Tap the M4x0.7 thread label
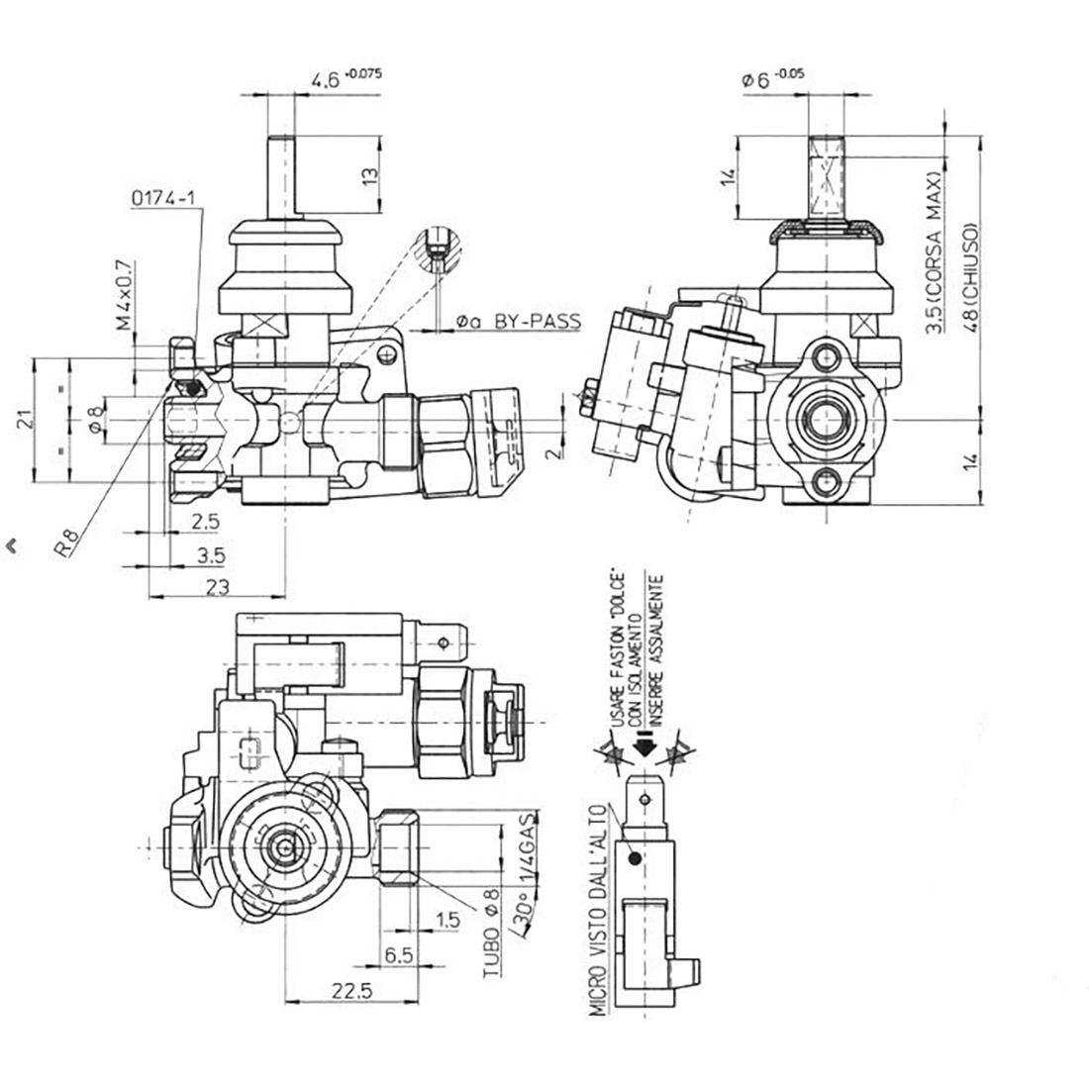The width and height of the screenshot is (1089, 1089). tap(125, 295)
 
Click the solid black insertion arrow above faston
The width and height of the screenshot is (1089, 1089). tap(644, 748)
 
